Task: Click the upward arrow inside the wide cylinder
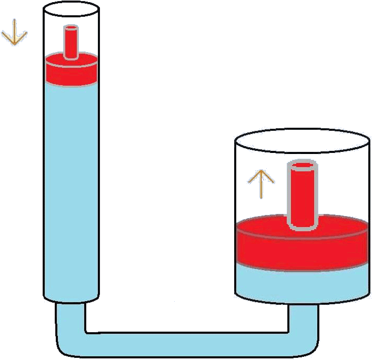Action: pyautogui.click(x=261, y=184)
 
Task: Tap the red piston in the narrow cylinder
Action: pyautogui.click(x=72, y=71)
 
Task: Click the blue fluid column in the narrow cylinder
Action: pyautogui.click(x=72, y=189)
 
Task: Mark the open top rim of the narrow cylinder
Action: pyautogui.click(x=72, y=8)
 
